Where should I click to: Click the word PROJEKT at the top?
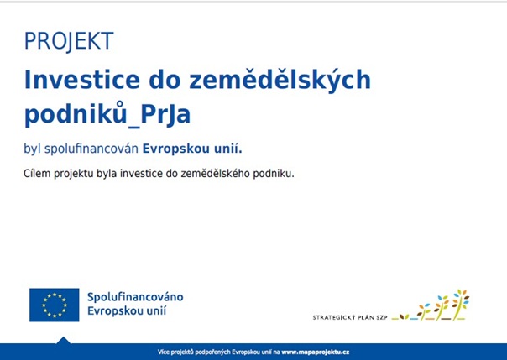pos(69,41)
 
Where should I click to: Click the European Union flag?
pos(55,305)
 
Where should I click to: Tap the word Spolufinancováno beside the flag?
pos(135,297)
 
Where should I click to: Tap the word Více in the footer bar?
pos(165,352)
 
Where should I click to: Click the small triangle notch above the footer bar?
pos(63,340)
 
